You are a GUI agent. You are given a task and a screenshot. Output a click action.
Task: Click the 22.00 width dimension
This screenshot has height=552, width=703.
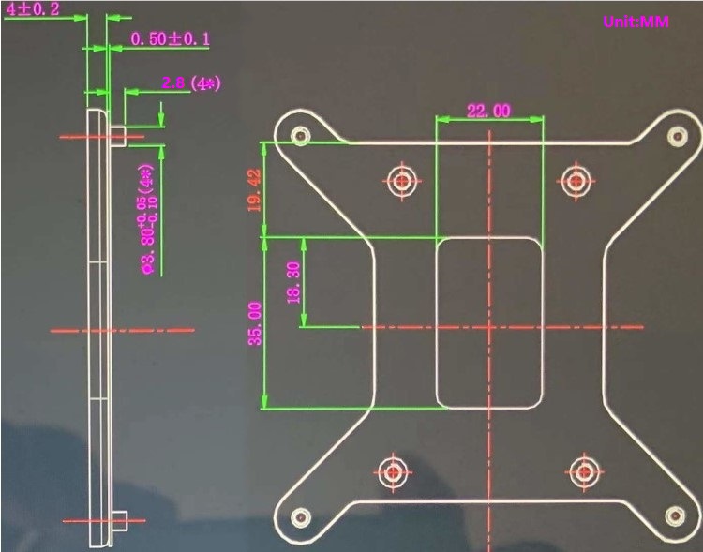click(488, 111)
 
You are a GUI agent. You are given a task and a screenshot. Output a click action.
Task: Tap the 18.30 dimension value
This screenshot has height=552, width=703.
click(292, 282)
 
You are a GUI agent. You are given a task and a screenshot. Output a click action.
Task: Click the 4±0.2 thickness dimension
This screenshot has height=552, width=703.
click(33, 9)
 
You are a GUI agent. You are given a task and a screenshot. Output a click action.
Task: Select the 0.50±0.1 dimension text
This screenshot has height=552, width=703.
click(170, 38)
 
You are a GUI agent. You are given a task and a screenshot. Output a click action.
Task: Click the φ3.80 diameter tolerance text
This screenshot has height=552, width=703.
click(147, 219)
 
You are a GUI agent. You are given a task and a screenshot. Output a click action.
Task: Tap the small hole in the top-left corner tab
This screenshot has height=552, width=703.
click(301, 136)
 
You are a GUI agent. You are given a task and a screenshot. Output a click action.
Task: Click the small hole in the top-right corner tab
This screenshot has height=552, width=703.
click(674, 137)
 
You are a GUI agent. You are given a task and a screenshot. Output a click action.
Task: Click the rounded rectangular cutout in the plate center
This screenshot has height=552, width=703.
click(489, 323)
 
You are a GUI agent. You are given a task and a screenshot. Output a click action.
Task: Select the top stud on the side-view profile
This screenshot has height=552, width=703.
click(120, 135)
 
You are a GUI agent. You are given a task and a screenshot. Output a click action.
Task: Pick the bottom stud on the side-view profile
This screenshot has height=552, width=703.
click(120, 520)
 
